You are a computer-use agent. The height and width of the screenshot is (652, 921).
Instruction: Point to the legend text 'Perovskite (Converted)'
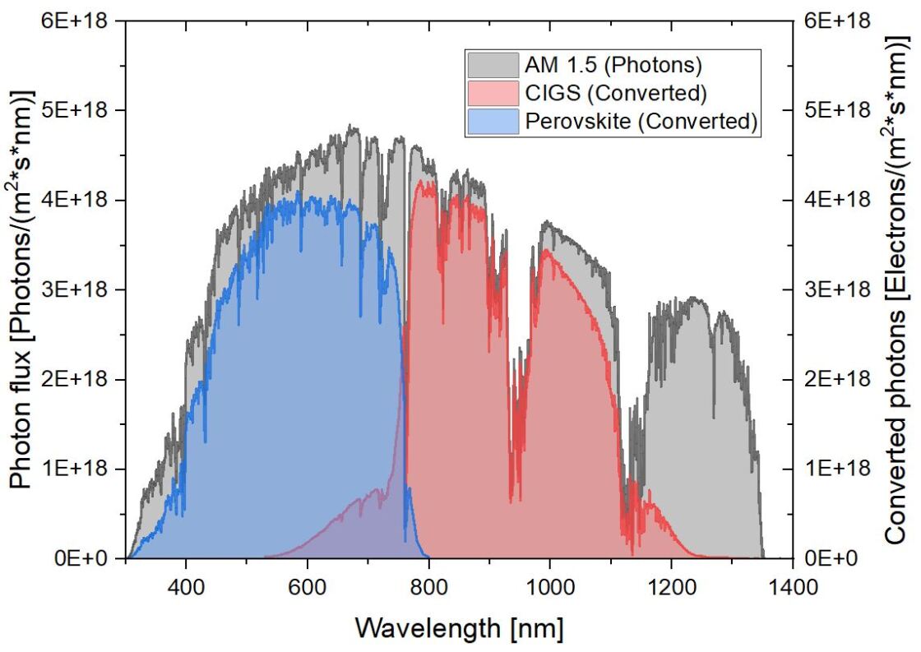click(x=639, y=121)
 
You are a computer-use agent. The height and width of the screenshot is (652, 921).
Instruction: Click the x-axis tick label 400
click(x=186, y=587)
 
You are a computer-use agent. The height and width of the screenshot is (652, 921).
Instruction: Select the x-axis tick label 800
click(x=428, y=587)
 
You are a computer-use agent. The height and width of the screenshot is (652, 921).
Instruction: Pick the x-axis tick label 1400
click(x=793, y=587)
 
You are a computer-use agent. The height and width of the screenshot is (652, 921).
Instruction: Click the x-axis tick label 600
click(x=308, y=587)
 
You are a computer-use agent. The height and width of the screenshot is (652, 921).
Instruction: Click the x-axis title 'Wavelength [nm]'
click(x=460, y=628)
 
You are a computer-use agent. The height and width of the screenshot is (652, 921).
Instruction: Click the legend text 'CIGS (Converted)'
click(x=614, y=93)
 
